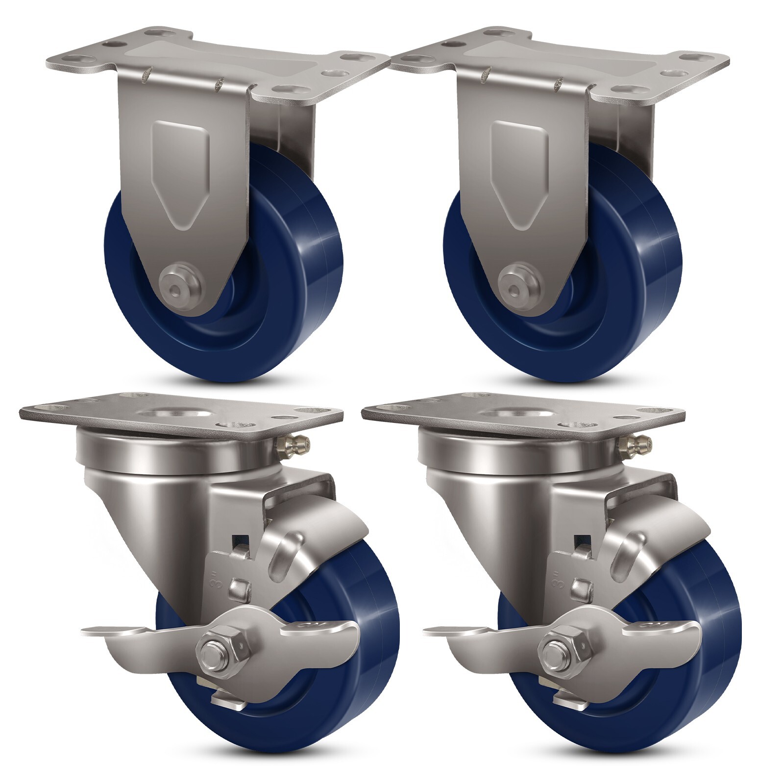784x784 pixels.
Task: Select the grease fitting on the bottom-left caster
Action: [293, 445]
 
